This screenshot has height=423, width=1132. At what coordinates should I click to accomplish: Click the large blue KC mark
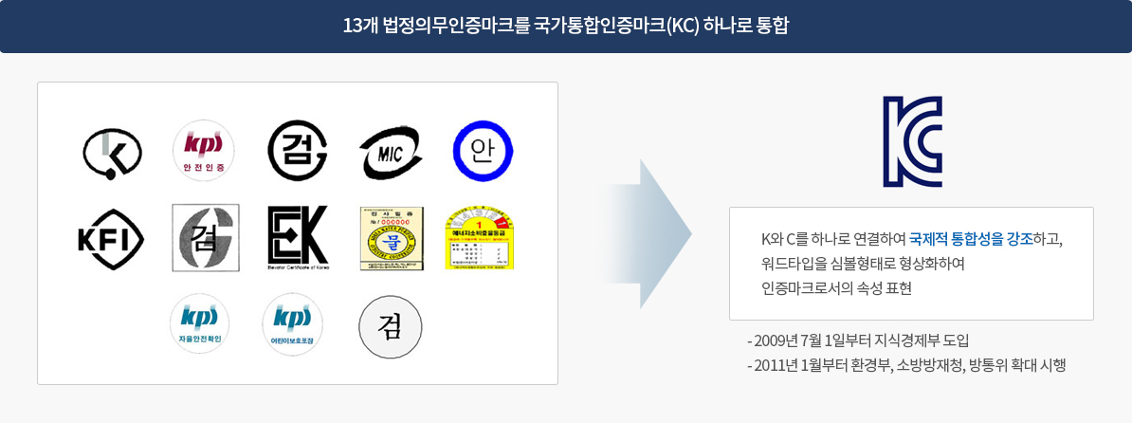click(911, 141)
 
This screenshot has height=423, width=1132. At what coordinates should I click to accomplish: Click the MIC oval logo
click(391, 151)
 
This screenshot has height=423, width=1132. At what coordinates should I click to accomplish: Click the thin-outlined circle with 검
click(390, 328)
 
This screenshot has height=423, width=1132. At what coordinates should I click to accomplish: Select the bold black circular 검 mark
click(298, 151)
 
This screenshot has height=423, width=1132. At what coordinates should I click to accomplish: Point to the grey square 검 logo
click(205, 238)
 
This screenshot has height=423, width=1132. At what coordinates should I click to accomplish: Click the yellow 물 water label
click(391, 238)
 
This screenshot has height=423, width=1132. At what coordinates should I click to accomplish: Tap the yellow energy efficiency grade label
click(478, 237)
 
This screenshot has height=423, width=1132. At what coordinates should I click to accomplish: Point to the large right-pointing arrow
click(654, 234)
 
